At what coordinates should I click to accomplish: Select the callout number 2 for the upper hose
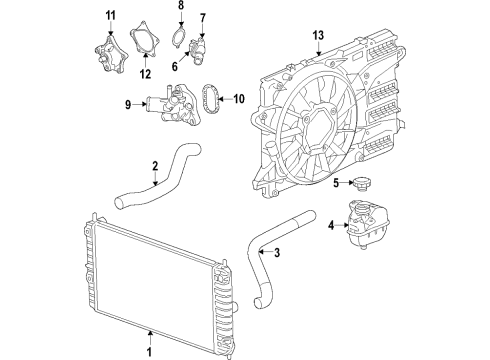tap(156, 166)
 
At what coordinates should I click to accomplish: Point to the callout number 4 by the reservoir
tap(330, 224)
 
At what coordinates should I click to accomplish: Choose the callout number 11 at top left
tap(111, 13)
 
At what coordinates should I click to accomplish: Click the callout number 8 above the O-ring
tap(182, 6)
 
